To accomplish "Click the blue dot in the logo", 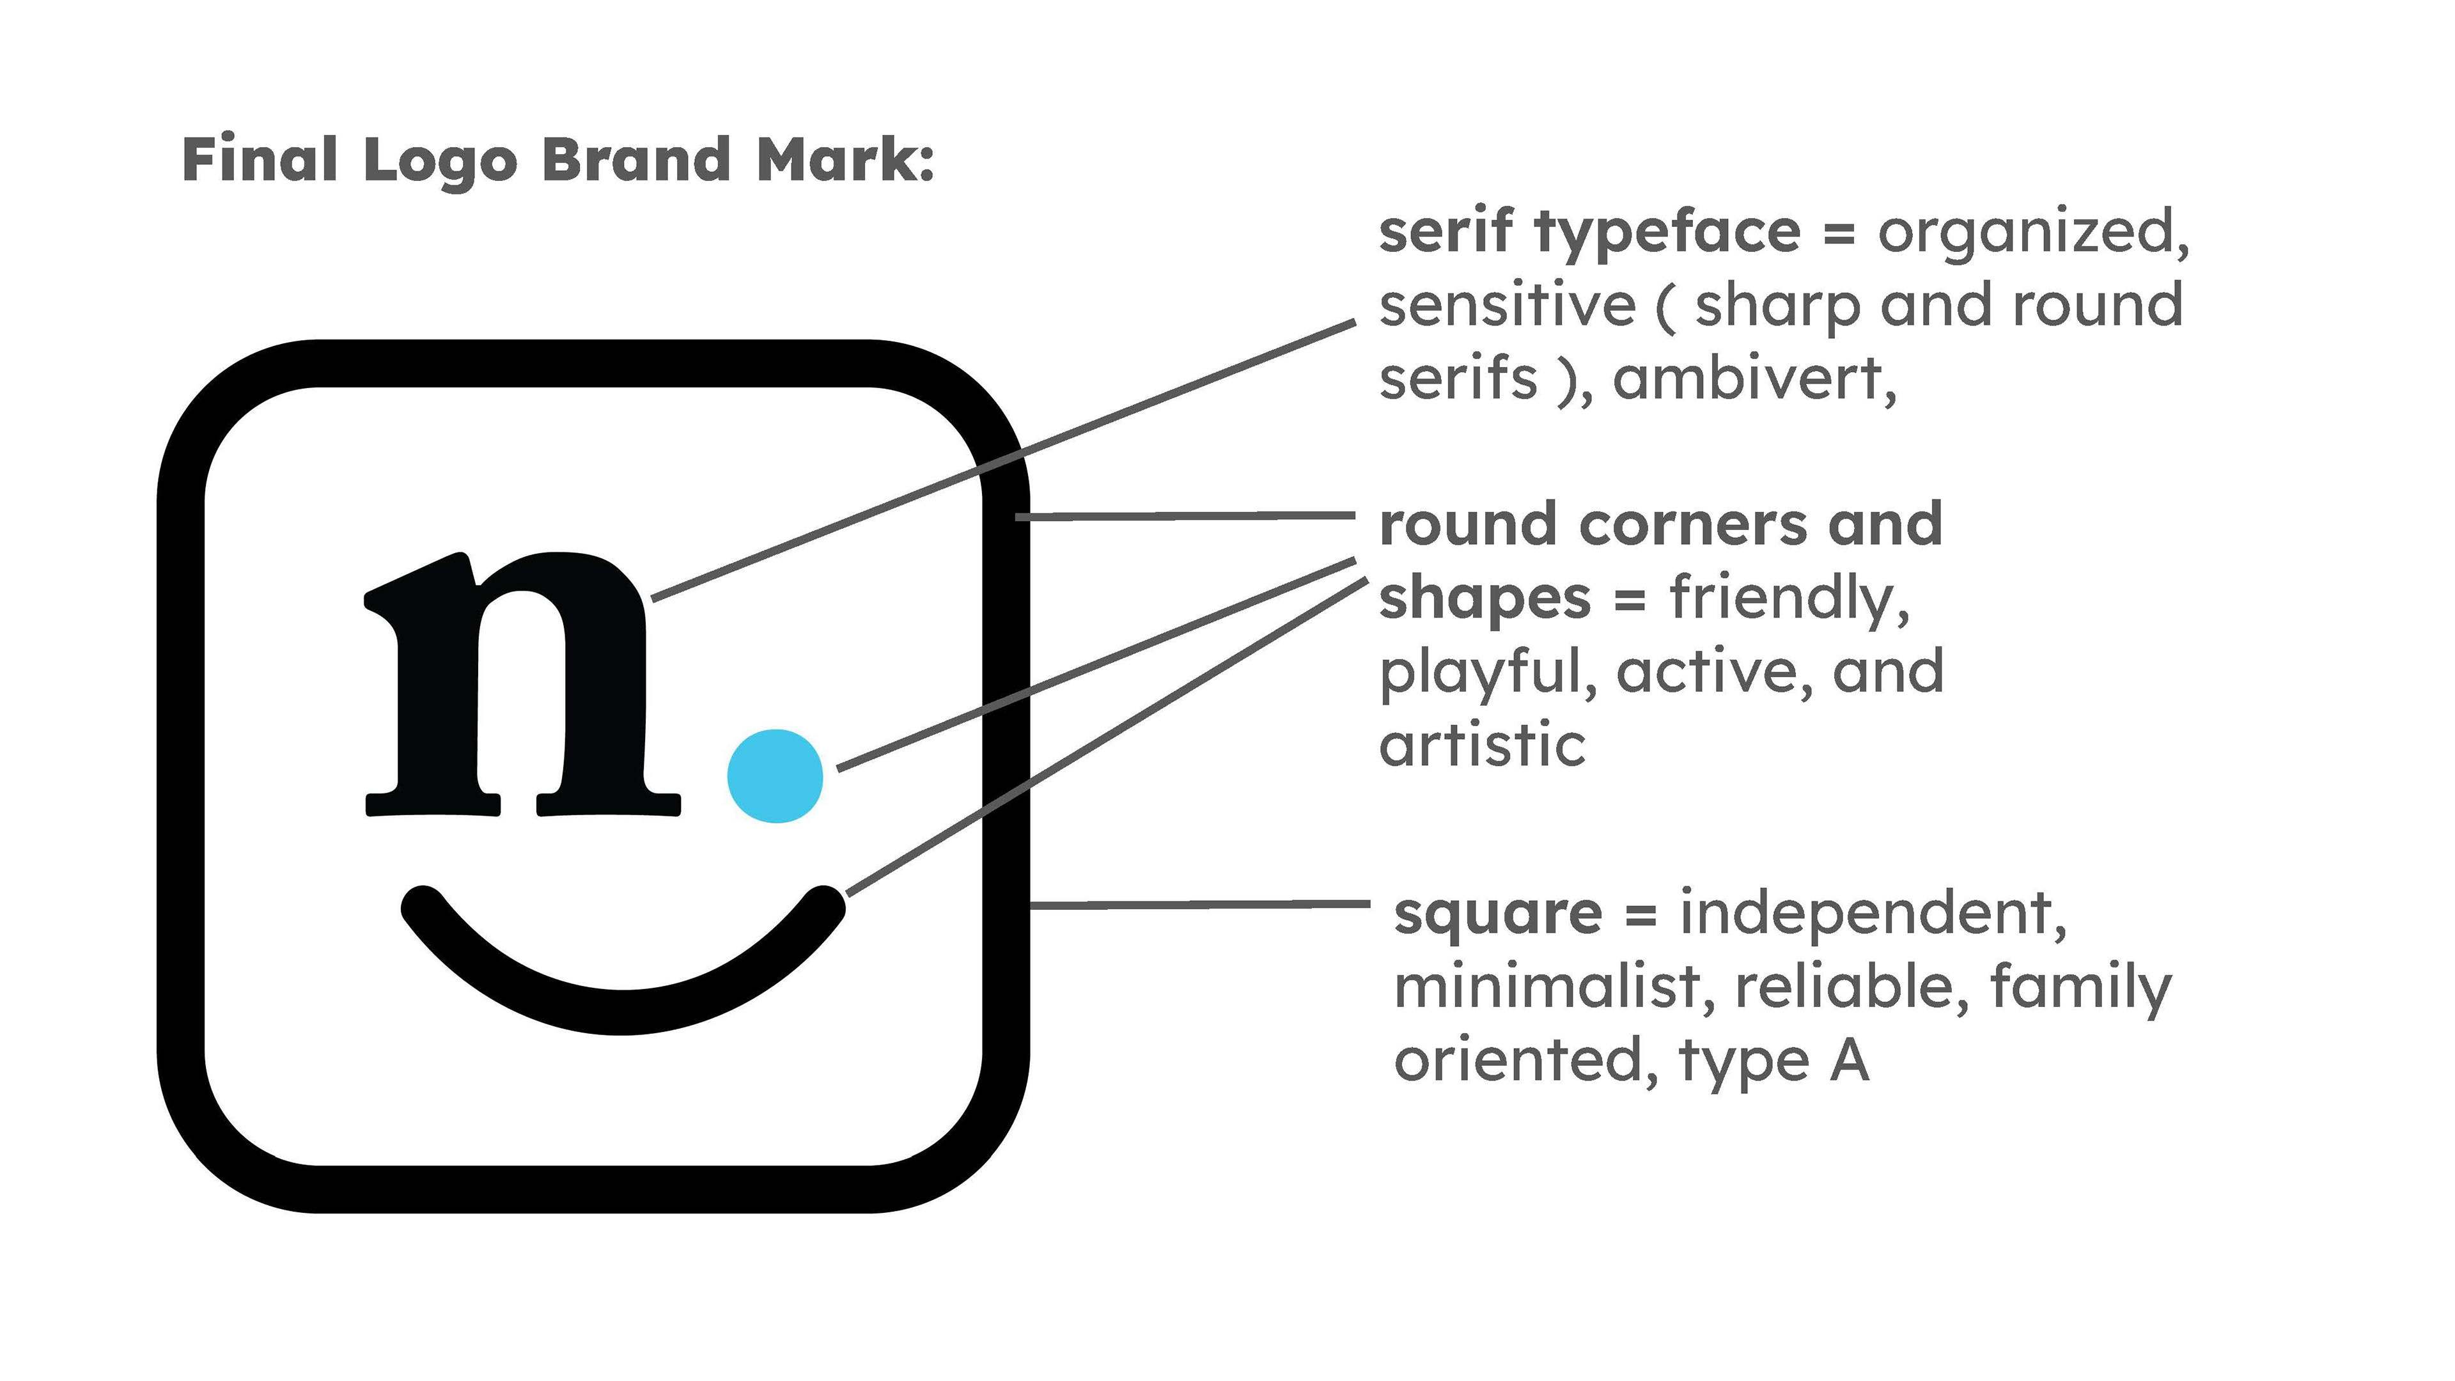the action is click(x=775, y=776).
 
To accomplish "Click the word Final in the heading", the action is click(x=259, y=159).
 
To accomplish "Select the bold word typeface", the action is click(x=1668, y=233).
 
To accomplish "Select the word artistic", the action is click(x=1482, y=745).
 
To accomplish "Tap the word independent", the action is click(x=1872, y=913).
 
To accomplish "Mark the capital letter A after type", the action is click(x=1849, y=1060).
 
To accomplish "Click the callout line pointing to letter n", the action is click(x=1001, y=461).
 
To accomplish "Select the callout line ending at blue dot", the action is click(x=1096, y=664).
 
